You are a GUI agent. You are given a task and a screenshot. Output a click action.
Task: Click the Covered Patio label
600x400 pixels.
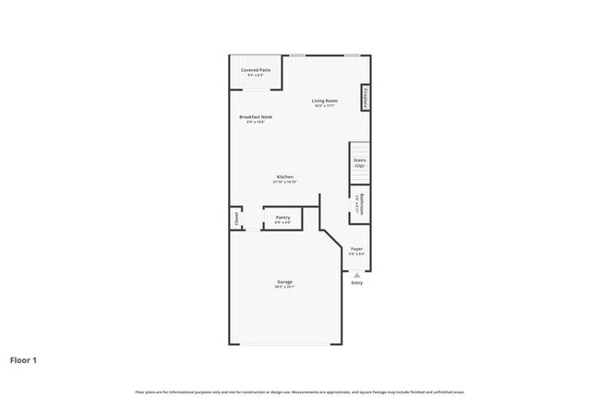tap(256, 70)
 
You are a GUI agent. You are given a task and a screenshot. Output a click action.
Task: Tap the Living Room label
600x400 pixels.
tap(323, 100)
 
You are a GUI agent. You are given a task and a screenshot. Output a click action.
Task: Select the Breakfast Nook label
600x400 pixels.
tap(256, 117)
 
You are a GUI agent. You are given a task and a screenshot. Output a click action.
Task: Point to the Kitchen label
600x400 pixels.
tap(285, 177)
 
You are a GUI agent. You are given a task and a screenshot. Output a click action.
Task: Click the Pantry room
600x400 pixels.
tap(282, 219)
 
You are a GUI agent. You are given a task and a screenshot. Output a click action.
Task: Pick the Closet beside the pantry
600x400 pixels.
tap(235, 219)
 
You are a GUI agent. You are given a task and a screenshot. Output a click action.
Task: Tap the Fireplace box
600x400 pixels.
tap(366, 98)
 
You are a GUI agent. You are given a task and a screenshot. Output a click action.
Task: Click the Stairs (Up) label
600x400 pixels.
tap(359, 163)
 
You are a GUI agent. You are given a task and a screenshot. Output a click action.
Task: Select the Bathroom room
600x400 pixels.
tap(359, 205)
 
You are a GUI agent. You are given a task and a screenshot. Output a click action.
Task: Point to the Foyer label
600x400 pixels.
tap(356, 249)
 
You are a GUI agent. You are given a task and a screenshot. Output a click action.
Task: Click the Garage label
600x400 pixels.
tap(284, 282)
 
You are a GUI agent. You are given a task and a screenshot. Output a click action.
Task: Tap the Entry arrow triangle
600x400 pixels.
tap(356, 275)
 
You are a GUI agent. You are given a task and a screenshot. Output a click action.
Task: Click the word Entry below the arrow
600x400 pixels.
tap(356, 283)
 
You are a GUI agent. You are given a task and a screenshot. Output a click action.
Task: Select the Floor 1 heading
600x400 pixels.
tap(23, 359)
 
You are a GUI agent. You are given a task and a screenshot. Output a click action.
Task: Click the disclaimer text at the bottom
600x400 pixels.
tap(299, 392)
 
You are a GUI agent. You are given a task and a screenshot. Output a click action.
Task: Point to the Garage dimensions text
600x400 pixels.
tap(284, 288)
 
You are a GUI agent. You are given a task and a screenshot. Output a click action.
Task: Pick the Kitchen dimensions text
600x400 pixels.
tap(284, 182)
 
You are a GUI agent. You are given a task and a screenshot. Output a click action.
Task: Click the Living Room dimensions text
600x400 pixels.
tap(323, 106)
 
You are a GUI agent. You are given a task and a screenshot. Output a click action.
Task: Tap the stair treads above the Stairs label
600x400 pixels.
tap(359, 148)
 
